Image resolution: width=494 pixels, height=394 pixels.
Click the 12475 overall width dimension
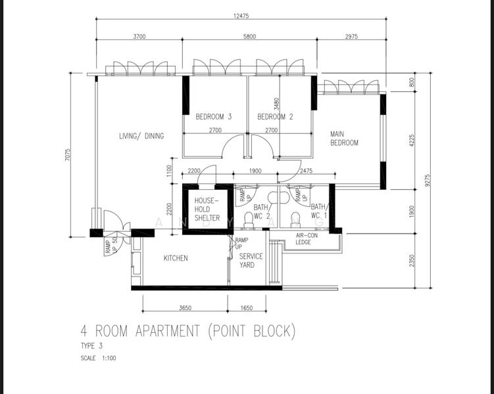coord(241,16)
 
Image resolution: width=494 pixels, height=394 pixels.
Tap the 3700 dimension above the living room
coord(139,37)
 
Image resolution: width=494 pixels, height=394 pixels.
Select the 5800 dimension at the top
coord(249,37)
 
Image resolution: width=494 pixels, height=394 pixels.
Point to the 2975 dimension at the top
coord(351,37)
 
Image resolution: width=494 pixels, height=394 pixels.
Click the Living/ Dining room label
coord(141,136)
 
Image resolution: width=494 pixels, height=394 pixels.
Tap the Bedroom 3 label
coord(214,117)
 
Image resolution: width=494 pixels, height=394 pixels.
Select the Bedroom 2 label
coord(275,117)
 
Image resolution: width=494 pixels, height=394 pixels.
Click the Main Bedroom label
coord(344,139)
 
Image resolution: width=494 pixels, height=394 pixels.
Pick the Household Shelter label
coord(207,209)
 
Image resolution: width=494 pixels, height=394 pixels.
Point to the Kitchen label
coord(176,258)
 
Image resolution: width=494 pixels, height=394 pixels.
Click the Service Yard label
coord(251,261)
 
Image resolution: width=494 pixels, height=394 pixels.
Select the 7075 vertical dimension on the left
coord(68,155)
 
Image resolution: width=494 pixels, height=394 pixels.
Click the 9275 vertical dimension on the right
coord(427,181)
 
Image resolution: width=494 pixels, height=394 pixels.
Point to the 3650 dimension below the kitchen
coord(185,308)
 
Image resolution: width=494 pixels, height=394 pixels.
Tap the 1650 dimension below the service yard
coord(247,308)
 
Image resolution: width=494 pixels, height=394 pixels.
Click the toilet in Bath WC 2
coord(249,219)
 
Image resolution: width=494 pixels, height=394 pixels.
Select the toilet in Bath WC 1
coord(295,219)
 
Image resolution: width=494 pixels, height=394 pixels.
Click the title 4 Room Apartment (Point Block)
coord(188,331)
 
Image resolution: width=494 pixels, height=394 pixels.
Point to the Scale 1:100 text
coord(98,358)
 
